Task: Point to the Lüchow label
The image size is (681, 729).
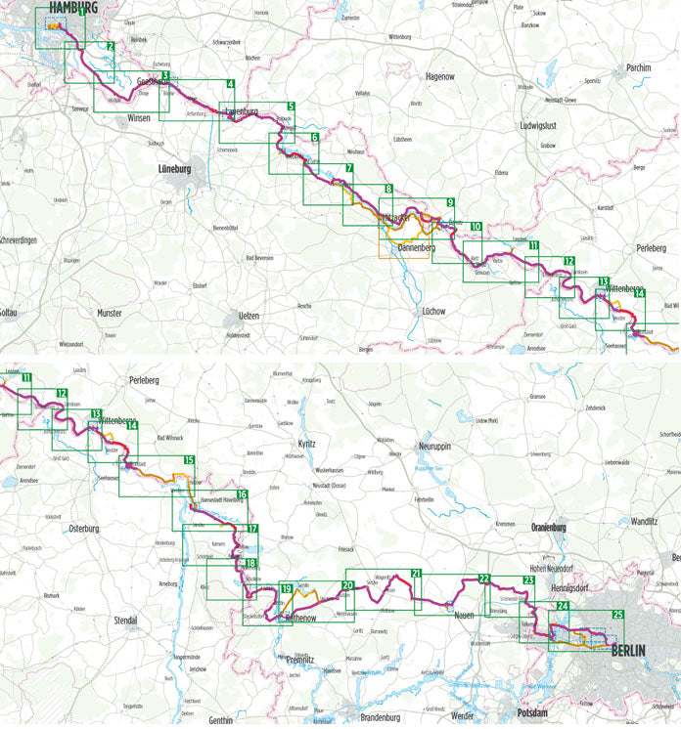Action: (432, 312)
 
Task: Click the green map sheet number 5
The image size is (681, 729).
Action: (291, 107)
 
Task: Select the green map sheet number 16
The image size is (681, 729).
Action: (241, 495)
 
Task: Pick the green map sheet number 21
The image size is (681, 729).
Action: (416, 574)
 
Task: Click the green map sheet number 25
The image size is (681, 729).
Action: (617, 615)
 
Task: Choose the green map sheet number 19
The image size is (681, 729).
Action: (287, 588)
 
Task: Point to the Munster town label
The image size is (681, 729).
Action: (110, 313)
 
